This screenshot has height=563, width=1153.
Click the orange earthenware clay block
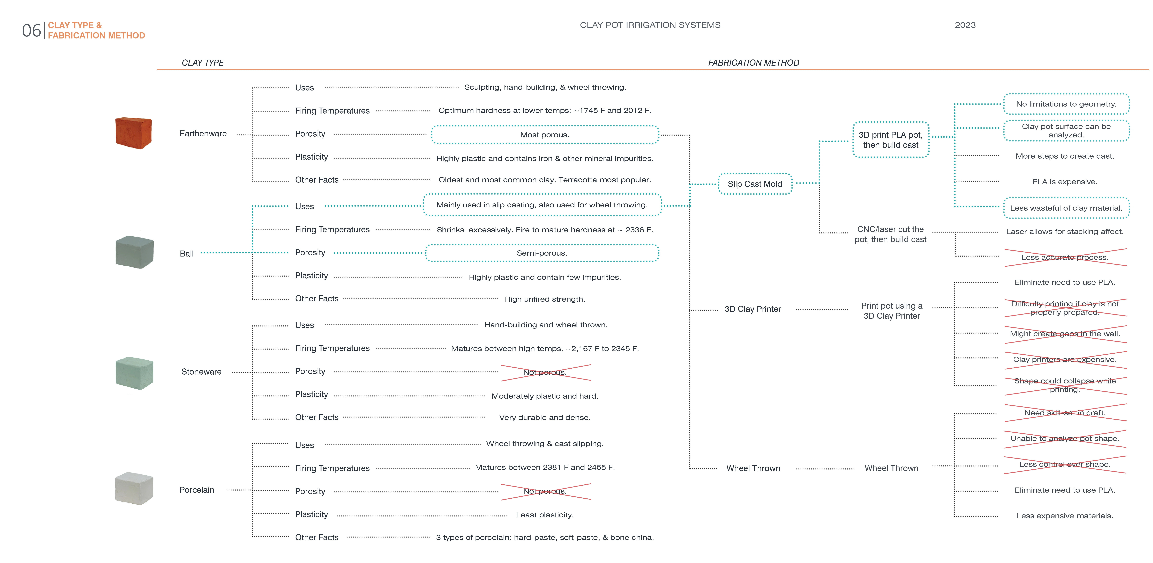(x=133, y=133)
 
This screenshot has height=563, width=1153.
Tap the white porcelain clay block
(x=134, y=488)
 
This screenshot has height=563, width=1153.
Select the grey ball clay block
(x=134, y=252)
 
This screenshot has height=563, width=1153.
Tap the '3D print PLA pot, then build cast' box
(x=891, y=140)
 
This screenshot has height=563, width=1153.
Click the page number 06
(x=31, y=30)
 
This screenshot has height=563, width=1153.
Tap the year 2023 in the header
(x=965, y=25)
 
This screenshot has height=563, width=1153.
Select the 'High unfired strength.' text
(x=545, y=299)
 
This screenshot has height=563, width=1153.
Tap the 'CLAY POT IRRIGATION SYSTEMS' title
(x=650, y=25)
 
